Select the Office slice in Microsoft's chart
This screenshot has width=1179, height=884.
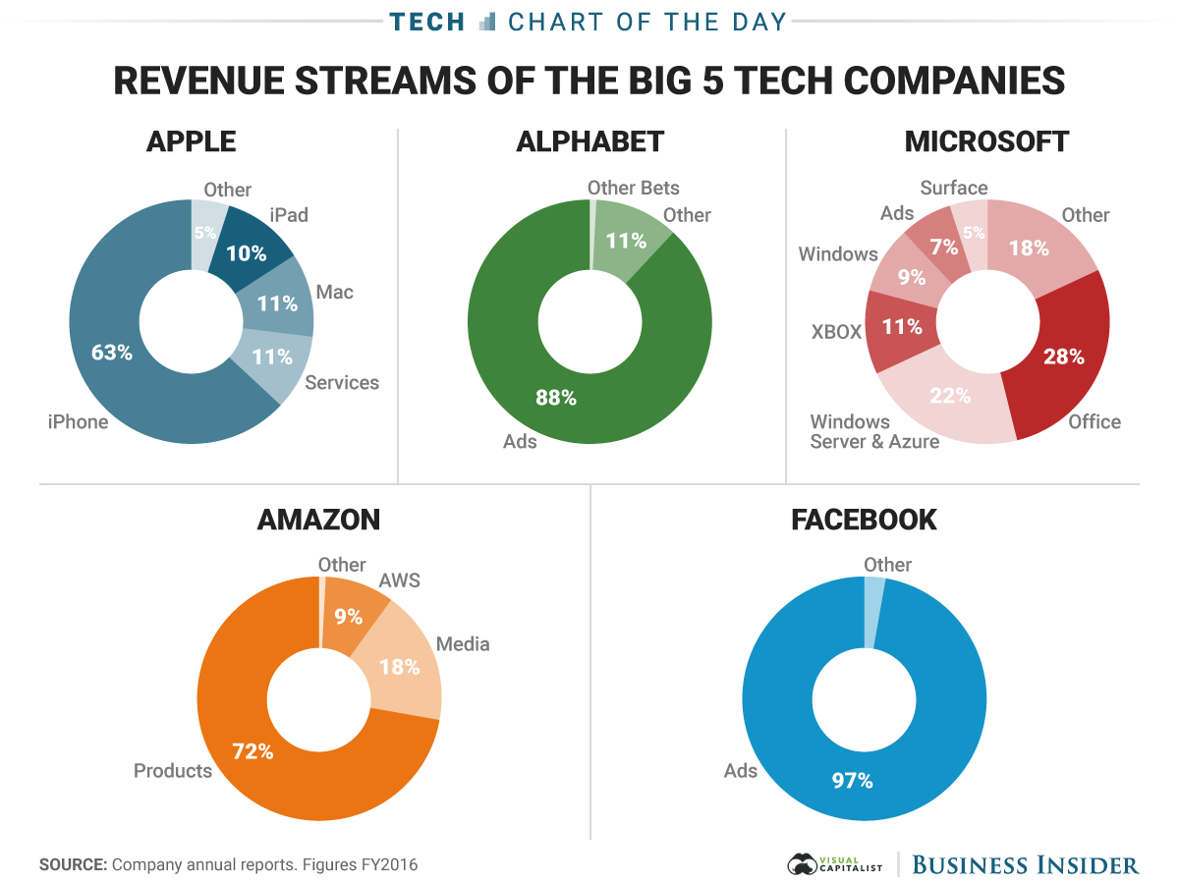tap(1061, 363)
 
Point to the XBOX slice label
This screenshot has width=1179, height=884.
tap(836, 332)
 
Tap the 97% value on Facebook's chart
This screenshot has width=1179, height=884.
tap(851, 781)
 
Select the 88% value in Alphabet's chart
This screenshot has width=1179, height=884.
tap(555, 398)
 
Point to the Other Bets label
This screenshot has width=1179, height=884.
tap(633, 188)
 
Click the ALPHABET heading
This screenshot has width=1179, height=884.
tap(589, 141)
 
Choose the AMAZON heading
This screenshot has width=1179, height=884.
tap(318, 520)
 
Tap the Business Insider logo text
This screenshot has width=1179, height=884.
tap(1026, 865)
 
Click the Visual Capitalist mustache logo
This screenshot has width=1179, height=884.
tap(804, 864)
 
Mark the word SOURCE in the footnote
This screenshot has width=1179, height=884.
tap(73, 865)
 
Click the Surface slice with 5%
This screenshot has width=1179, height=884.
tap(973, 235)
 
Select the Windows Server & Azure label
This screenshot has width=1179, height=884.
tap(874, 432)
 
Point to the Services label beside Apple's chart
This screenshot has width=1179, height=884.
tap(342, 382)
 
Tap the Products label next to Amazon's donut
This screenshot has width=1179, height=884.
tap(173, 771)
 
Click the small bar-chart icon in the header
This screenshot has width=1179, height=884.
tap(487, 21)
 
